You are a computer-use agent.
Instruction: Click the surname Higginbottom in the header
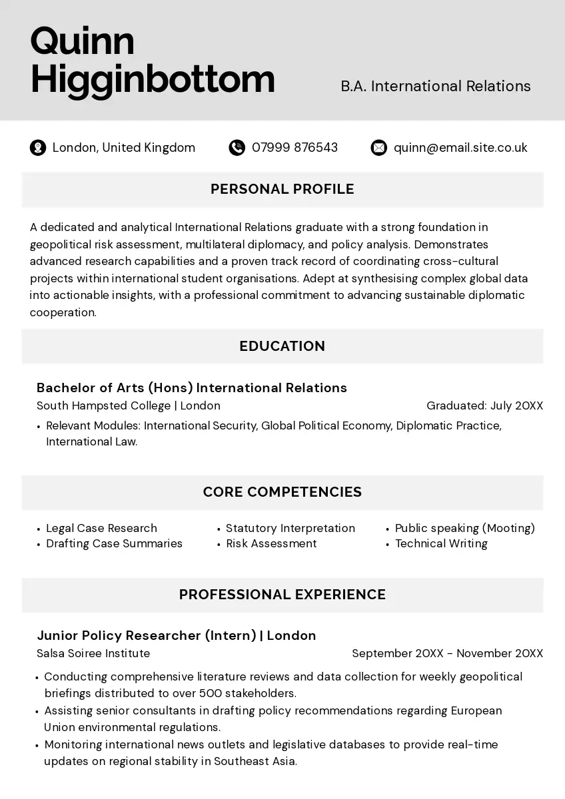click(x=153, y=79)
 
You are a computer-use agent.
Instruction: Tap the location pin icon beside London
click(x=38, y=148)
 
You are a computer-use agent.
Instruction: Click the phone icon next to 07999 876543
click(x=237, y=148)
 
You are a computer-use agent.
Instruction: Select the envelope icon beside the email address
click(x=378, y=148)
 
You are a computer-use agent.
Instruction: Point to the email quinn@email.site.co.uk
click(x=460, y=148)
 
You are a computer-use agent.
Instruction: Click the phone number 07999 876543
click(x=294, y=148)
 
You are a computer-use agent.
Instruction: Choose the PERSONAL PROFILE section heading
click(x=282, y=189)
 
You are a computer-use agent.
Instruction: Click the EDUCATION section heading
click(x=282, y=346)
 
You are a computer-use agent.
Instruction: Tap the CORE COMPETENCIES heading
click(x=282, y=492)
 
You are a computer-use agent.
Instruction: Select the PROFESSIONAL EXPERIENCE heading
click(x=282, y=595)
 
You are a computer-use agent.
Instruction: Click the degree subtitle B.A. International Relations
click(x=436, y=87)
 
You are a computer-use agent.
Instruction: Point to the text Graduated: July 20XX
click(x=484, y=405)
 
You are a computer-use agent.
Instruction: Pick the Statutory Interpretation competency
click(x=290, y=528)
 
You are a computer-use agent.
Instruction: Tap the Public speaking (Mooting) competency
click(x=465, y=528)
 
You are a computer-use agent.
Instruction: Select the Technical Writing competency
click(x=441, y=543)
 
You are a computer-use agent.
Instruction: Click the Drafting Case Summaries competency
click(x=114, y=543)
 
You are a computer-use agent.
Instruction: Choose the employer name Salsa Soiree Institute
click(x=93, y=653)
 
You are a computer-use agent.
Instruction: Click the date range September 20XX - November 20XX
click(x=447, y=653)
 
